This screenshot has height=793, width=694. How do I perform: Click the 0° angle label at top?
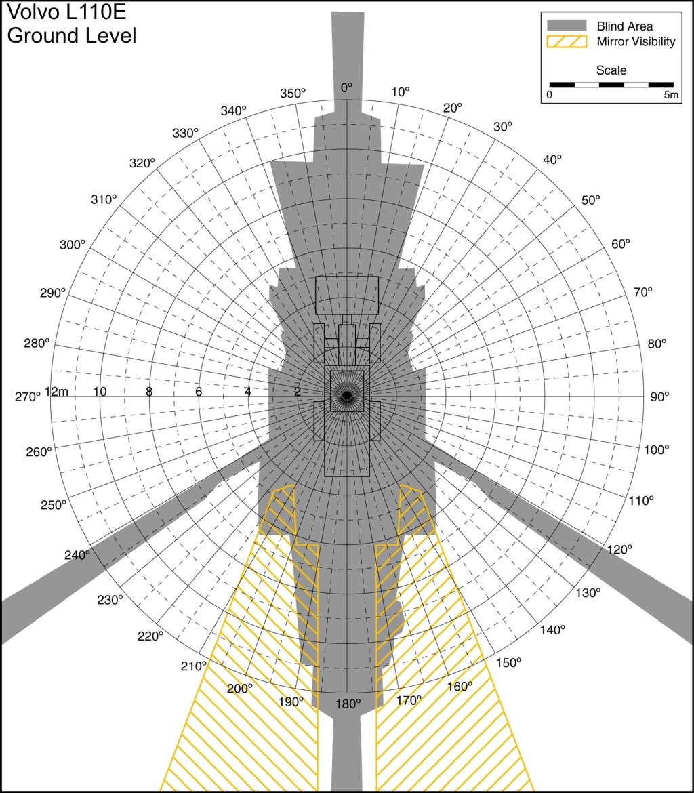click(x=346, y=88)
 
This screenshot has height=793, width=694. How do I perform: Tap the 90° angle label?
click(x=659, y=397)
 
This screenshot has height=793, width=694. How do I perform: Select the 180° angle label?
click(x=348, y=704)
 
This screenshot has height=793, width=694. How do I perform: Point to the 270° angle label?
click(x=27, y=397)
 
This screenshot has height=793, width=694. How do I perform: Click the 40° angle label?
click(x=552, y=159)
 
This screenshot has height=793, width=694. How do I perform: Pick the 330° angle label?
click(x=185, y=133)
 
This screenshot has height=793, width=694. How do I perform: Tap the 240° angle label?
click(x=77, y=555)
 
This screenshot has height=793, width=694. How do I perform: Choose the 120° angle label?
click(x=619, y=550)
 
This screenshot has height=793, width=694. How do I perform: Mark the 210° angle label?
click(x=194, y=666)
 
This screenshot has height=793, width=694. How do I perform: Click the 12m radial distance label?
click(x=57, y=392)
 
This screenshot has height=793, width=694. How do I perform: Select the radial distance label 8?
click(x=149, y=392)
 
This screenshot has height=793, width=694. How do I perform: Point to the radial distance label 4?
click(x=248, y=392)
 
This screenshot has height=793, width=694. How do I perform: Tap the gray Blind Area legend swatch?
click(x=567, y=25)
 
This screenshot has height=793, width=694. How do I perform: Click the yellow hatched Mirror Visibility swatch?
click(x=567, y=41)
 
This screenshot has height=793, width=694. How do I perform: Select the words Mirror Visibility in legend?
click(x=636, y=42)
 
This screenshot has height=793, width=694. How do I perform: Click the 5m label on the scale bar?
click(x=671, y=95)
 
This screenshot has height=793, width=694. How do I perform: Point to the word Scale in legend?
click(x=611, y=70)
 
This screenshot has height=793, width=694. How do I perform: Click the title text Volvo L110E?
click(x=66, y=12)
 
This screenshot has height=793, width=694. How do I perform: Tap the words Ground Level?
click(x=72, y=35)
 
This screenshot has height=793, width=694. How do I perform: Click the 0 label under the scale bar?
click(x=550, y=95)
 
